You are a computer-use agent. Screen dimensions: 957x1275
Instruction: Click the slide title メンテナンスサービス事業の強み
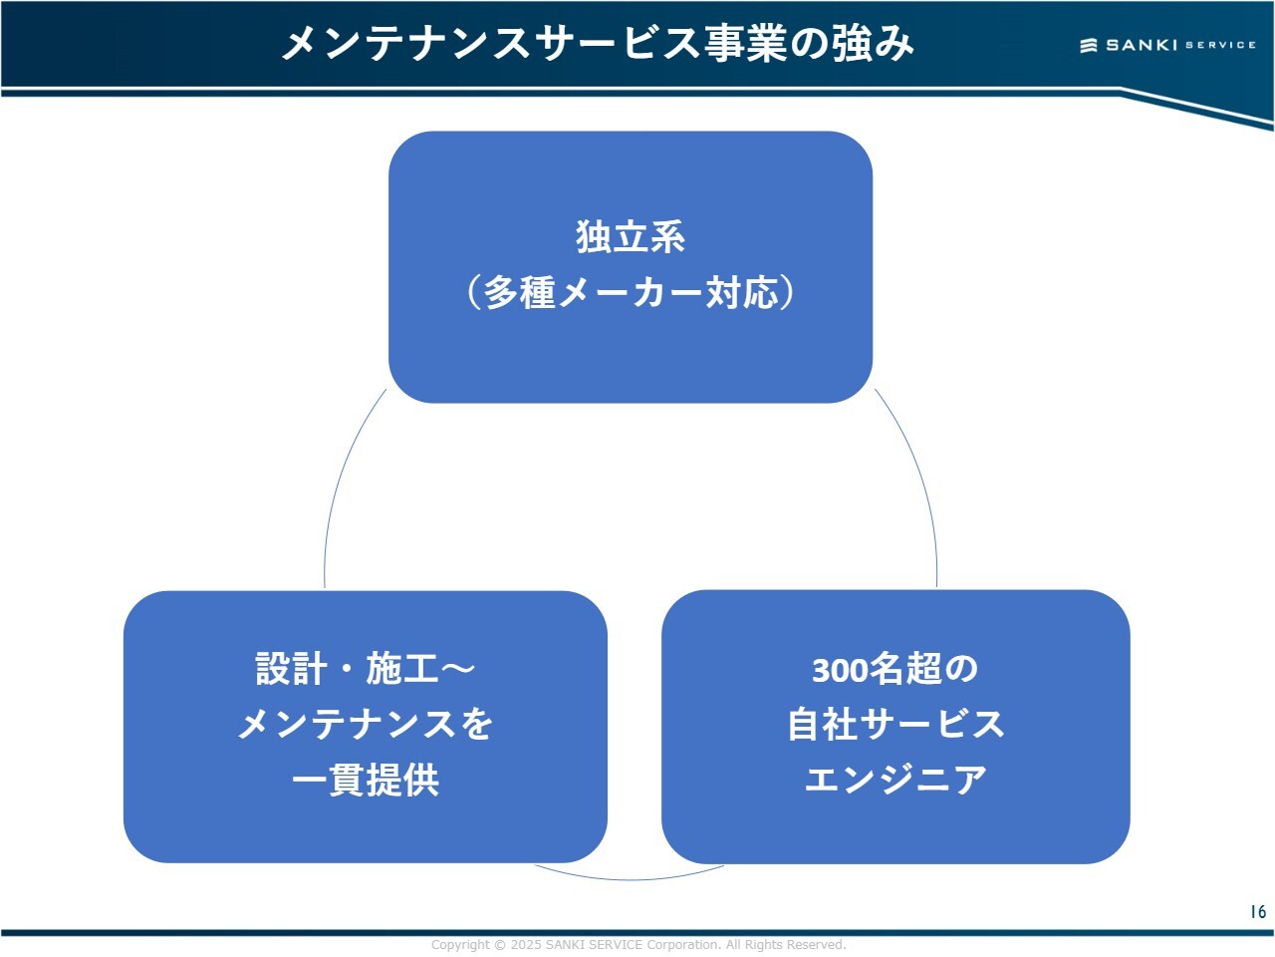(x=598, y=43)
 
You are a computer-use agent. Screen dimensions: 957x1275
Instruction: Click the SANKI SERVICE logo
(x=1167, y=45)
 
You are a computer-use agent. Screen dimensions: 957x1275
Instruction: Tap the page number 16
(x=1258, y=911)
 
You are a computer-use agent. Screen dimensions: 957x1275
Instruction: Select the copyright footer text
(x=637, y=944)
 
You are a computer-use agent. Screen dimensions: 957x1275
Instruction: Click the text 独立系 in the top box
(x=631, y=237)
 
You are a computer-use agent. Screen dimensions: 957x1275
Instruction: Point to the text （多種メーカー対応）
(x=631, y=293)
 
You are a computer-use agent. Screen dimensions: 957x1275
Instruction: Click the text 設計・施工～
(x=366, y=669)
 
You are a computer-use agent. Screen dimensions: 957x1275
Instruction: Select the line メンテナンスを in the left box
(x=366, y=725)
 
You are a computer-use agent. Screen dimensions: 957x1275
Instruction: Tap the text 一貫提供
(x=366, y=781)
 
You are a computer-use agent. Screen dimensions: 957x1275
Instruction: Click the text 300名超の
(x=894, y=669)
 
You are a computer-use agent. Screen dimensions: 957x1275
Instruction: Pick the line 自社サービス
(x=894, y=725)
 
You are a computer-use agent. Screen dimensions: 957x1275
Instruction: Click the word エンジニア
(x=894, y=781)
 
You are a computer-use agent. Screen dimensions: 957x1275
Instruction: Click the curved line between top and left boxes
(x=339, y=478)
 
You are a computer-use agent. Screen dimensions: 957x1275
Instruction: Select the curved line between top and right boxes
(x=921, y=478)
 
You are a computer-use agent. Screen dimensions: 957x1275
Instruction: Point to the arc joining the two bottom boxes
(x=631, y=879)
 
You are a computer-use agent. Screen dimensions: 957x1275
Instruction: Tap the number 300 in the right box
(x=840, y=670)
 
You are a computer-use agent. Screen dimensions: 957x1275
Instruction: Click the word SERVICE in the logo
(x=1220, y=45)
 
